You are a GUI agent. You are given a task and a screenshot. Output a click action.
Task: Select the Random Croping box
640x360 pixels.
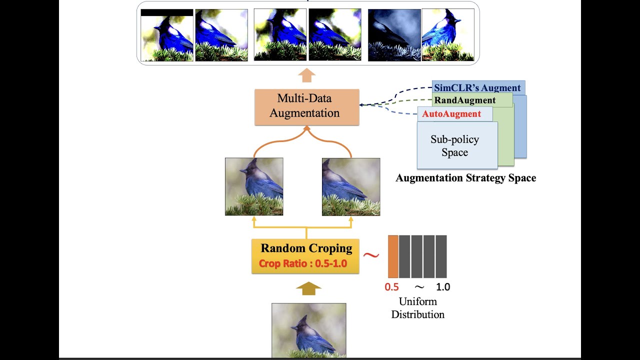(305, 256)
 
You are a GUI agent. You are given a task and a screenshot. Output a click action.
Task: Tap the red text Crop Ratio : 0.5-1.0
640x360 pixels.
(303, 263)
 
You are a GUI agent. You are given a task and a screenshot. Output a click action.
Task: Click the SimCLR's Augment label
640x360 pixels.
(477, 88)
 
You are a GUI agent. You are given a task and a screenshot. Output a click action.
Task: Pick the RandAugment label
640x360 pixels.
(464, 100)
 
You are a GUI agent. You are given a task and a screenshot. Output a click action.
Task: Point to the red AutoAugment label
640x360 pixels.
(451, 114)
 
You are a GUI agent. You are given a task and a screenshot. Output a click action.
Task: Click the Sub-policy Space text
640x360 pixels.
(454, 145)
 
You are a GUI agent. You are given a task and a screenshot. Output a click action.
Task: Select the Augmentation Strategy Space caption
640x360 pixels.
(465, 178)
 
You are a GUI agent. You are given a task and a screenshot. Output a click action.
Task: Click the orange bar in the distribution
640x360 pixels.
(393, 256)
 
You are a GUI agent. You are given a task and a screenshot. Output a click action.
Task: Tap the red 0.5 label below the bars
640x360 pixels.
(391, 287)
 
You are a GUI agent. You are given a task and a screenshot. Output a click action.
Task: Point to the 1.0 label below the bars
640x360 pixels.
(443, 287)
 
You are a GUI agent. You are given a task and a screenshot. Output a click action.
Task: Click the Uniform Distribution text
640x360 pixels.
(417, 308)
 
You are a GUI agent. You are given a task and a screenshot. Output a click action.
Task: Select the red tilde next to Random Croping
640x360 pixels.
(371, 255)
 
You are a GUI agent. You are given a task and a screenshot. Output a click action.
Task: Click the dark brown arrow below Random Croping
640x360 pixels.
(308, 288)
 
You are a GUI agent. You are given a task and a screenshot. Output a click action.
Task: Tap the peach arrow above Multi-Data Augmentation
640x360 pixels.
(306, 75)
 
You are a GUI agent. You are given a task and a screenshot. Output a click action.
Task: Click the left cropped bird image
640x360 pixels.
(254, 186)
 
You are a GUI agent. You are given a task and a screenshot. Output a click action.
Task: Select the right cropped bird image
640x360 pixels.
(351, 186)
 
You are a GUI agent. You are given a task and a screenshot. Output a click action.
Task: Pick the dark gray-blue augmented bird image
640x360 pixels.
(393, 35)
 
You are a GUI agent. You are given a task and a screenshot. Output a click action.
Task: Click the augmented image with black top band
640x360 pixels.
(167, 35)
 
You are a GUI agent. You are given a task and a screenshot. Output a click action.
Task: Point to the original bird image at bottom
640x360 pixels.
(308, 330)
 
